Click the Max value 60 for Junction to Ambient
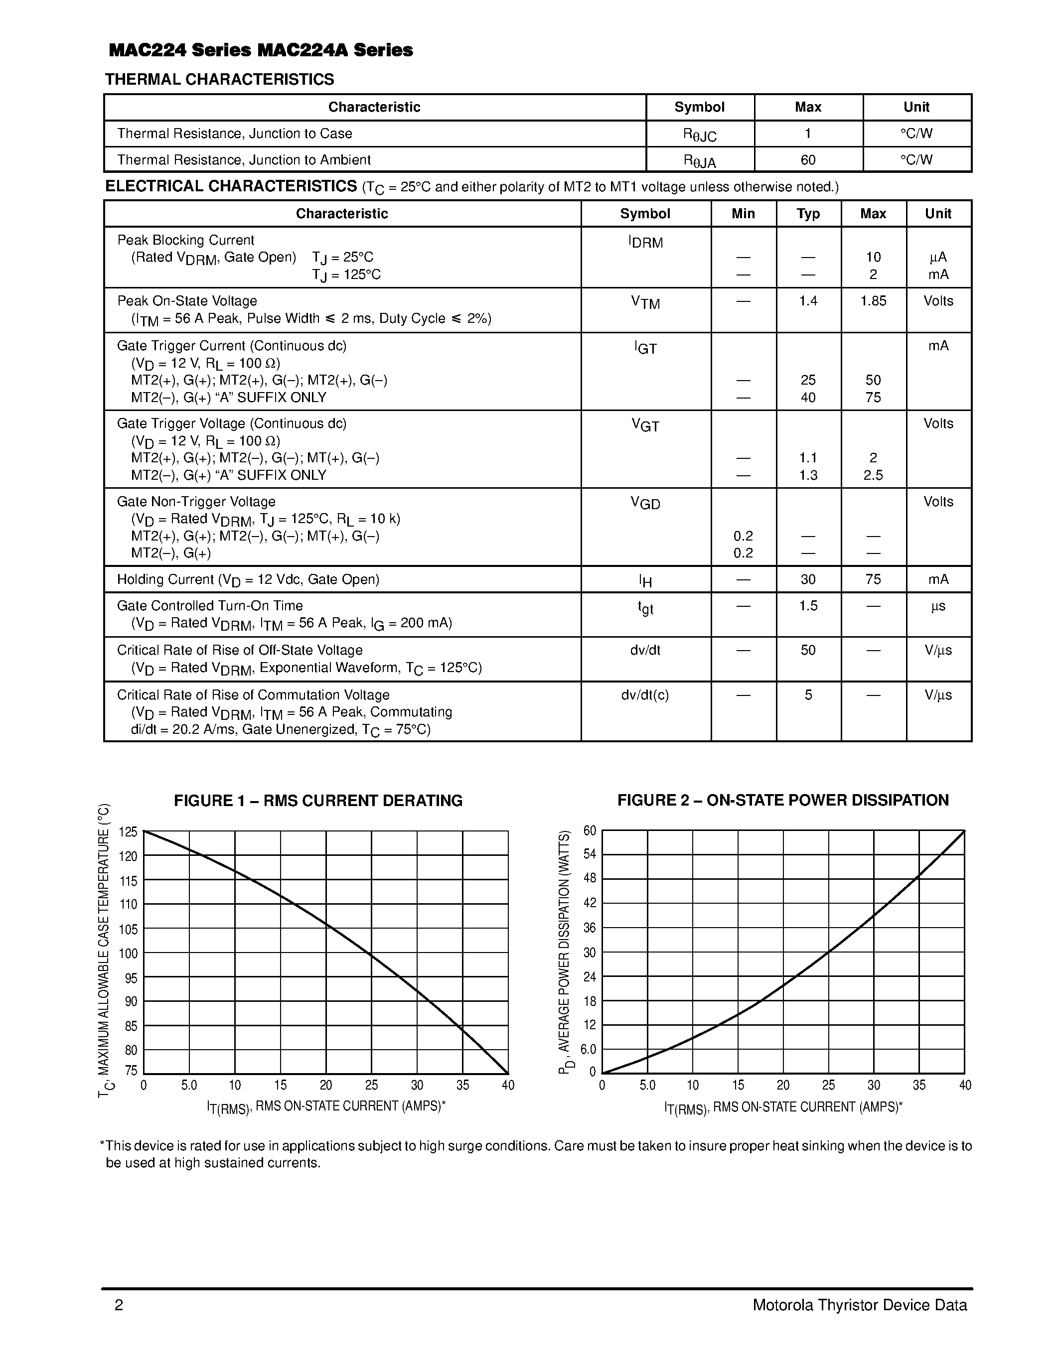coord(807,160)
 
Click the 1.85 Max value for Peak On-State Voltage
coord(873,301)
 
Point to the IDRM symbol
coord(645,242)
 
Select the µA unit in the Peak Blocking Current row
coord(938,257)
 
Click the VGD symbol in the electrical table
coord(645,503)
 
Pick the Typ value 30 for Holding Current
coord(807,579)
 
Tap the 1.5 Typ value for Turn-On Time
coord(807,606)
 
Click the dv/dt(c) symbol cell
coord(645,695)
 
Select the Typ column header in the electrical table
coord(807,214)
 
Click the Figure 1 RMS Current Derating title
coord(318,801)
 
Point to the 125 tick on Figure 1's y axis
coord(128,832)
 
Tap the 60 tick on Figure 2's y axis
coord(590,831)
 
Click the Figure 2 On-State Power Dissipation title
coord(782,801)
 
